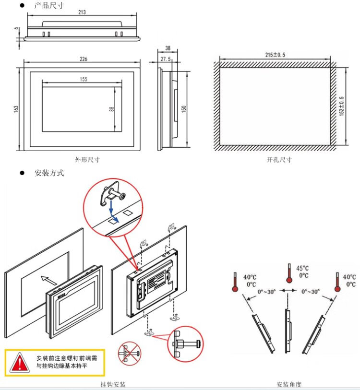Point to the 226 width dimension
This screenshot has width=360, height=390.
[83, 59]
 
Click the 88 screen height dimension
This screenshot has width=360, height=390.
[111, 109]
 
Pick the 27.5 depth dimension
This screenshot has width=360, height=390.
[166, 59]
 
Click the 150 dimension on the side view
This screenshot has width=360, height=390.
[183, 109]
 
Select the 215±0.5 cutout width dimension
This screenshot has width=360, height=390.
[275, 55]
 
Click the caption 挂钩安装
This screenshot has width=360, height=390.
[113, 384]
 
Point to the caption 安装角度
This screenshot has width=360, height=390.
[289, 384]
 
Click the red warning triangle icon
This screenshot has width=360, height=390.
[20, 362]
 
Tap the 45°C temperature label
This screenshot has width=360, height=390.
[303, 268]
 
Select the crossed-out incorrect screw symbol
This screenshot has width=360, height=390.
[130, 355]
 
